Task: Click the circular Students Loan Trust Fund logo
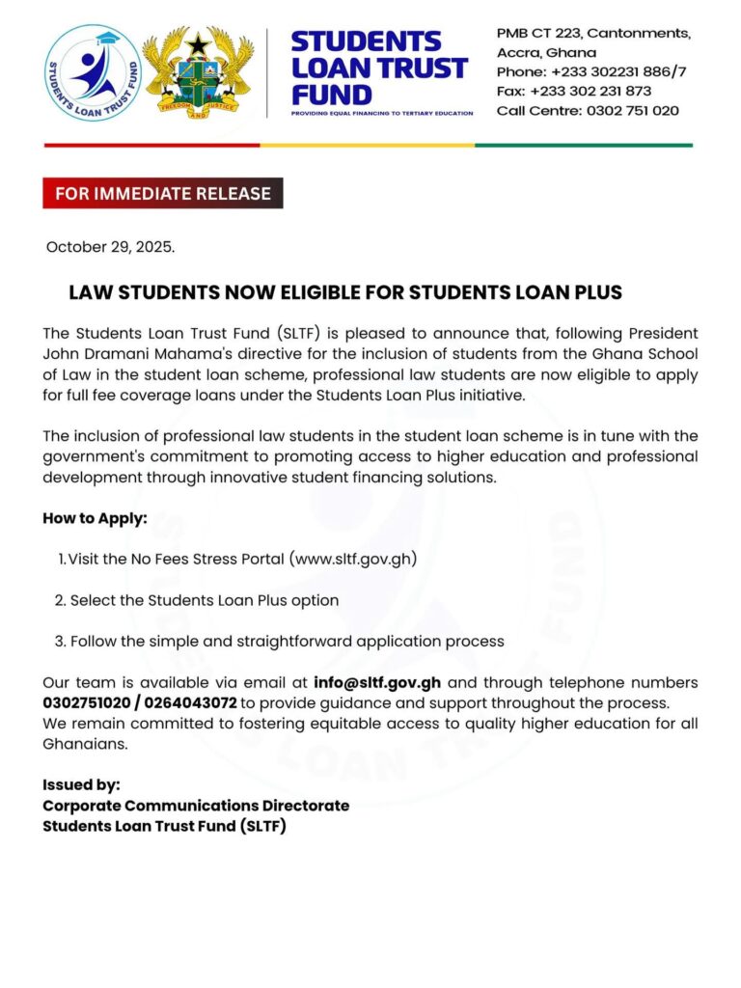pos(93,74)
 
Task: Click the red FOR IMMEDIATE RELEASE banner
pos(162,193)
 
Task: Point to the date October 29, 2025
pos(111,247)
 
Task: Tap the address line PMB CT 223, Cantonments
pos(593,33)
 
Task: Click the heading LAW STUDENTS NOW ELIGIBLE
pos(345,292)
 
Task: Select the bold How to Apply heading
pos(95,518)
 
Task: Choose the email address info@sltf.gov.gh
pos(377,683)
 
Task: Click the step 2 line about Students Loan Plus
pos(197,600)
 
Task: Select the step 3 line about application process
pos(279,641)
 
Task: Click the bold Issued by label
pos(81,784)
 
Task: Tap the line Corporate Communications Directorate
pos(196,805)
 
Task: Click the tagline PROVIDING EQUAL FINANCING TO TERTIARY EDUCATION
pos(382,113)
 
